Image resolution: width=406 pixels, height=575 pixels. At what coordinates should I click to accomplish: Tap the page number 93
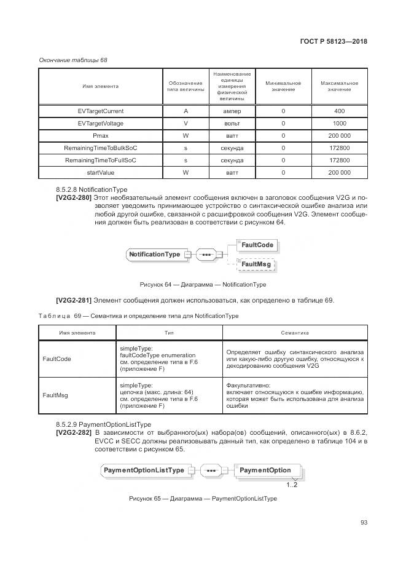pyautogui.click(x=364, y=523)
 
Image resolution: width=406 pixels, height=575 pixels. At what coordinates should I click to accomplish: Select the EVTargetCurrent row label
pyautogui.click(x=100, y=111)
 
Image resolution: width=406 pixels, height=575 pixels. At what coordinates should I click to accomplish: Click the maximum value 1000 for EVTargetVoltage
pyautogui.click(x=339, y=124)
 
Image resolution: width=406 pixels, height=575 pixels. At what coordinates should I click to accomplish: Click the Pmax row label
pyautogui.click(x=100, y=136)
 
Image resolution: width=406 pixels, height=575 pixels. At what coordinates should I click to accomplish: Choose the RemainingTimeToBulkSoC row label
pyautogui.click(x=100, y=148)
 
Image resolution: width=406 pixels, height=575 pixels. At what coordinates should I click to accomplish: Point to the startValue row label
pyautogui.click(x=100, y=173)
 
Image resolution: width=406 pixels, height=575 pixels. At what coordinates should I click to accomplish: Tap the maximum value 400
pyautogui.click(x=339, y=111)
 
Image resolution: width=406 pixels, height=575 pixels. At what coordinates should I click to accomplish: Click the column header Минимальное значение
pyautogui.click(x=283, y=86)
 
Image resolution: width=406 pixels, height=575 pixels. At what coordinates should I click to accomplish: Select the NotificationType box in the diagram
pyautogui.click(x=154, y=254)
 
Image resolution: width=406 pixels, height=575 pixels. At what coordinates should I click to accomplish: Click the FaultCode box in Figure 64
pyautogui.click(x=257, y=245)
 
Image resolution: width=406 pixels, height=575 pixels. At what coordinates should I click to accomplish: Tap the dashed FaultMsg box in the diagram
pyautogui.click(x=256, y=264)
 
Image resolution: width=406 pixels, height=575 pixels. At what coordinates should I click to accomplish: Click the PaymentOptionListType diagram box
pyautogui.click(x=144, y=470)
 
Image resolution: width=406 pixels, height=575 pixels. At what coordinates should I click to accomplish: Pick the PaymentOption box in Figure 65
pyautogui.click(x=265, y=470)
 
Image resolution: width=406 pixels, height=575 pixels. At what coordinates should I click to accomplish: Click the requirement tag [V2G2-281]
pyautogui.click(x=74, y=300)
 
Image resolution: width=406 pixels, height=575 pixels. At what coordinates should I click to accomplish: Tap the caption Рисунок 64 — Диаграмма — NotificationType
pyautogui.click(x=203, y=285)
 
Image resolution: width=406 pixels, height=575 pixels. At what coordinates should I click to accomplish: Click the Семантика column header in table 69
pyautogui.click(x=295, y=333)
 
